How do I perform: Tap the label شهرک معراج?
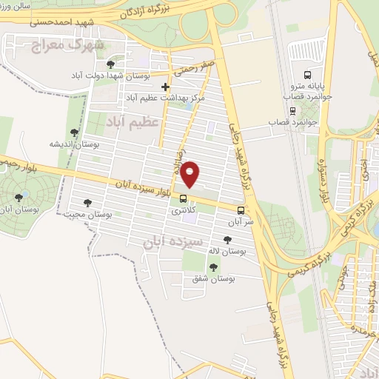tap(67, 46)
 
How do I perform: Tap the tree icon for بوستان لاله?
tap(227, 239)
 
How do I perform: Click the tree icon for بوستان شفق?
tap(213, 267)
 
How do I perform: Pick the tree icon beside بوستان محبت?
tap(87, 203)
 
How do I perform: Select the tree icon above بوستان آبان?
tap(19, 197)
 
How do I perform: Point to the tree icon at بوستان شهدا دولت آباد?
tap(111, 64)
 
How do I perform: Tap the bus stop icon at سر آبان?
tap(241, 210)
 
